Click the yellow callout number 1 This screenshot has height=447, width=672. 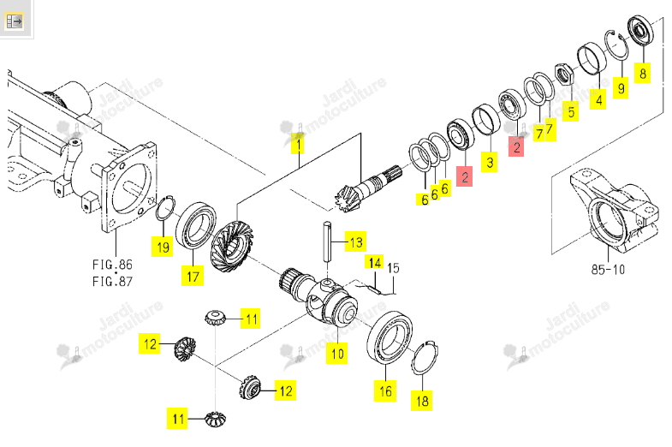(297, 143)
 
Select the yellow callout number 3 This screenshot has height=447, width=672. (490, 162)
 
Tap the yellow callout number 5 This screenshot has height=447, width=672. (570, 112)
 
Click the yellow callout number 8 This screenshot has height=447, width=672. (642, 74)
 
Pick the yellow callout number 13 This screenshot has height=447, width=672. (356, 242)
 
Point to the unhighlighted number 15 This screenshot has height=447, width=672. (393, 268)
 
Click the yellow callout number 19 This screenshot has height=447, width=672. (163, 247)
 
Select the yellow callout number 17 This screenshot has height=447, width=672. (193, 276)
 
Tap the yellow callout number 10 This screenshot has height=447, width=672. (337, 354)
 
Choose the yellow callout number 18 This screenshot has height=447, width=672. (422, 401)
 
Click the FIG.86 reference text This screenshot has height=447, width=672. (112, 265)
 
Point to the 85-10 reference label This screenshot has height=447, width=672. (608, 270)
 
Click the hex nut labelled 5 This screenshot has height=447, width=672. (564, 74)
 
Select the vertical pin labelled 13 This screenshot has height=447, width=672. (328, 241)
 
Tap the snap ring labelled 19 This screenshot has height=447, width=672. (164, 209)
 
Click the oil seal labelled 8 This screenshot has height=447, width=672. (640, 30)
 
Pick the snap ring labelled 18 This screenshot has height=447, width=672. (425, 358)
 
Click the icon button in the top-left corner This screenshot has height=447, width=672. (14, 21)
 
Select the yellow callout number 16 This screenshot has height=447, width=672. (385, 390)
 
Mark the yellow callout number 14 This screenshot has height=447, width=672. (375, 263)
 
